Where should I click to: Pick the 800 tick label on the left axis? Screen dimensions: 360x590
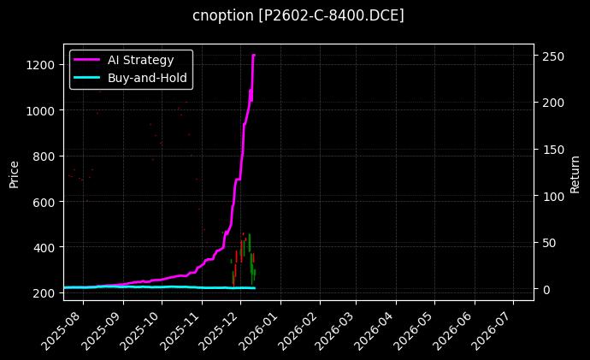[45, 156]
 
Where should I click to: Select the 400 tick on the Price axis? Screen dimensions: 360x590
[45, 247]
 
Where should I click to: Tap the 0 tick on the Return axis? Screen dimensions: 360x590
[546, 289]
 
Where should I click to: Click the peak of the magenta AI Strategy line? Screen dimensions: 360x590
[253, 56]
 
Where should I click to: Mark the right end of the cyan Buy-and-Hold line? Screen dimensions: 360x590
[254, 287]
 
